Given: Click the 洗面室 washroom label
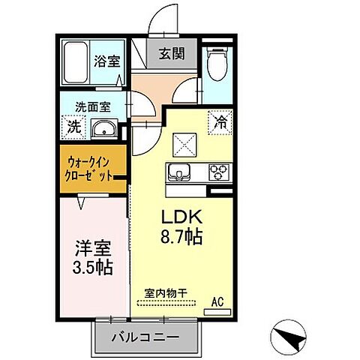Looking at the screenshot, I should (88, 106).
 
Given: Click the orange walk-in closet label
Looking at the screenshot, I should (89, 167).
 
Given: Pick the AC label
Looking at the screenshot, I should (217, 301).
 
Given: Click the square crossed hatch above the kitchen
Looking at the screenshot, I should (183, 142).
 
